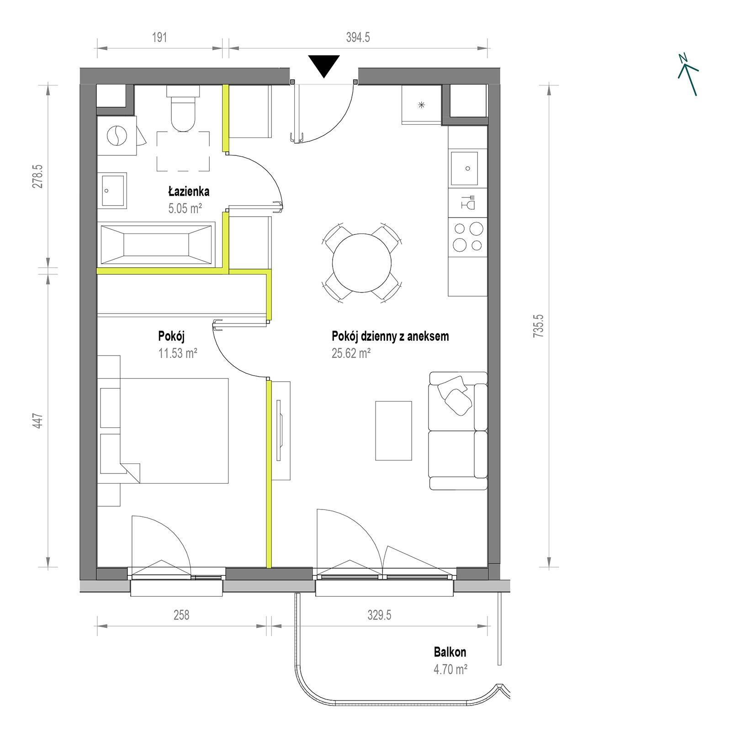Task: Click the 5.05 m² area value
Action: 185,209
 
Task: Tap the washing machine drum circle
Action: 116,135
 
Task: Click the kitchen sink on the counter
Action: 464,168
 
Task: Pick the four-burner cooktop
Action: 468,236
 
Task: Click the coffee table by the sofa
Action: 393,430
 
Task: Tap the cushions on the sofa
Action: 454,395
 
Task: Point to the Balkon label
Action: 450,652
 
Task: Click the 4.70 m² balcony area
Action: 450,670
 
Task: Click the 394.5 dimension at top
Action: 358,37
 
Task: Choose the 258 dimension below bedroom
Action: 181,615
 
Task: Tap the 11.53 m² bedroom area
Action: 178,353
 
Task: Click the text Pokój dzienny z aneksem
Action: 390,336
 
